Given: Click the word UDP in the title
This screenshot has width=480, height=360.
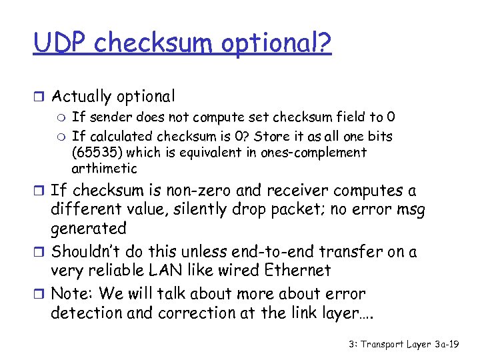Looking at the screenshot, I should click(61, 43).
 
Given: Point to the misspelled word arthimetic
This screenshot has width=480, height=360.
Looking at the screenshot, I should click(104, 168).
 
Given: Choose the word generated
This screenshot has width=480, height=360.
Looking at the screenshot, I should click(89, 228).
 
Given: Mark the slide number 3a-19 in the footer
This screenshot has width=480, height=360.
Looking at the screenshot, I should click(451, 345).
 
